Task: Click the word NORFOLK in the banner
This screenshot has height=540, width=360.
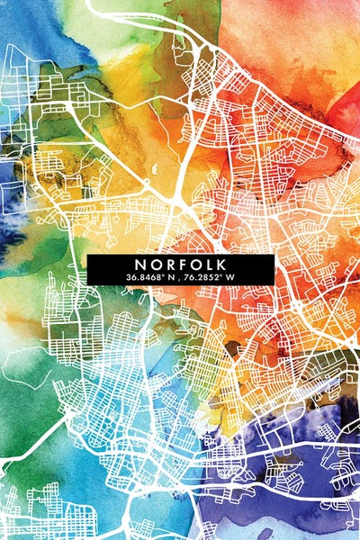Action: point(181,264)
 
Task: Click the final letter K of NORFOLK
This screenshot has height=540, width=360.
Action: point(221,264)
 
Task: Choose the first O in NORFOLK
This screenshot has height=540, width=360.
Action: point(155,264)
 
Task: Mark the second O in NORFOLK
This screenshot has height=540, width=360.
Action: point(195,264)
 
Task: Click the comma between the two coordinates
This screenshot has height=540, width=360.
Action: point(181,278)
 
